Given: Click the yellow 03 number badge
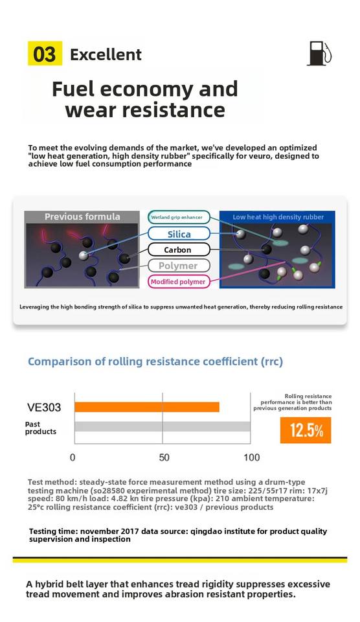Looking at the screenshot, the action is (45, 53).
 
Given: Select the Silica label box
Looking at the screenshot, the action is (179, 234).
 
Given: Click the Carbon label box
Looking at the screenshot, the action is (179, 249).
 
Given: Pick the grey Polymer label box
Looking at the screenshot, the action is (179, 266).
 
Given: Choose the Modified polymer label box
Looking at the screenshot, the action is (179, 282).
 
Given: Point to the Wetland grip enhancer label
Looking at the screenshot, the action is (179, 218).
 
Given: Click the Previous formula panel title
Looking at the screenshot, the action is (82, 216).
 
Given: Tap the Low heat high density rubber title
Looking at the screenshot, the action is (278, 217).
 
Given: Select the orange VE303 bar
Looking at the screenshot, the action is (147, 407).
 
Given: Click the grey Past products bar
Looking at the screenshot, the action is (162, 426).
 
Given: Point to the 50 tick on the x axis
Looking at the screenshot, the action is (164, 457).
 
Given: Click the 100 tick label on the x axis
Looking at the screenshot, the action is (252, 457).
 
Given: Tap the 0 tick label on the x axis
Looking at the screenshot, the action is (73, 457).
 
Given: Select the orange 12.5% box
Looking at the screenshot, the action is (306, 430).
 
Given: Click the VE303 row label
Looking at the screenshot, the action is (44, 408).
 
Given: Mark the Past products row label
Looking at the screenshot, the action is (40, 428).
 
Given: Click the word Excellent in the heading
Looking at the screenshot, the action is (106, 54).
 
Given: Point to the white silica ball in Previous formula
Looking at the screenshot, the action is (84, 255).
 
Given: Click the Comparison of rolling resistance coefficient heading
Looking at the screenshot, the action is (155, 362).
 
